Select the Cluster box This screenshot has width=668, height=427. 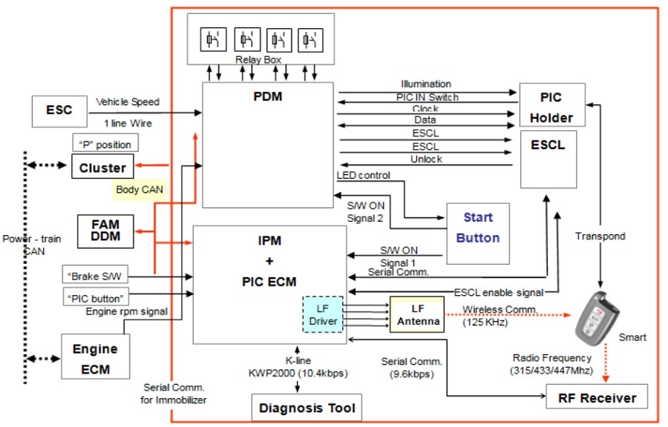102,167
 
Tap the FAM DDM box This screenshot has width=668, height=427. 105,231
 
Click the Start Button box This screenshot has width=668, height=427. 477,228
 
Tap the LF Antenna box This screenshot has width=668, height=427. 416,314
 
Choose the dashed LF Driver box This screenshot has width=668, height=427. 323,314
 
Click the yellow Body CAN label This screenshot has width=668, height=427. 140,189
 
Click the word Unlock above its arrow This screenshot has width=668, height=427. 425,159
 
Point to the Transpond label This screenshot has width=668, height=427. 600,236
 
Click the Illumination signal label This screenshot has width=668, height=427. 425,84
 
